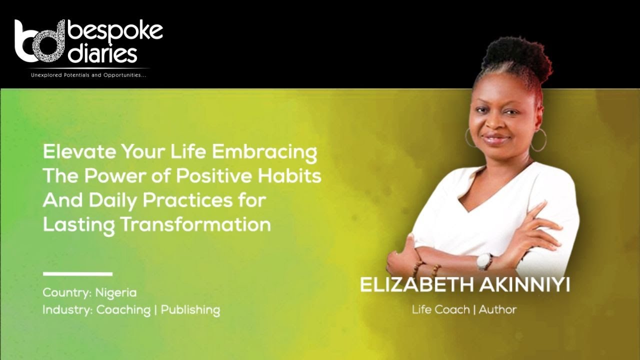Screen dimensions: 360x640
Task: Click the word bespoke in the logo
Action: [x=115, y=31]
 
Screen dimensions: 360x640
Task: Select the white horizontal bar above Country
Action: [x=77, y=273]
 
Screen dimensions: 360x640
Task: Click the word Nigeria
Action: [x=116, y=292]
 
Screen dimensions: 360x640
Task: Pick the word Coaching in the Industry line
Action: [x=123, y=310]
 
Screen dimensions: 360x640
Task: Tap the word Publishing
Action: [x=190, y=310]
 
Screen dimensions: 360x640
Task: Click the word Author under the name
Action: [x=497, y=309]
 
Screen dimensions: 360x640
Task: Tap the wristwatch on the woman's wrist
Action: [x=483, y=261]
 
